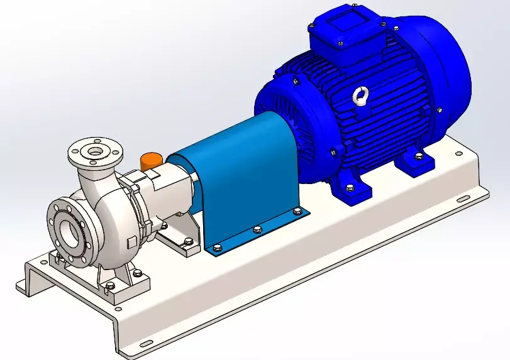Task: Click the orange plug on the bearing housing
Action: click(x=151, y=161)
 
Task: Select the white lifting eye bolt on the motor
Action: click(x=360, y=95)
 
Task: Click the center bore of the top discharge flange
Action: click(x=95, y=151)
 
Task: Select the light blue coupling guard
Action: click(x=239, y=182)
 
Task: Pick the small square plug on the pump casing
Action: click(x=130, y=243)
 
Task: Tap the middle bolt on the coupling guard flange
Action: click(x=257, y=230)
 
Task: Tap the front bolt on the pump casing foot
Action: click(x=111, y=286)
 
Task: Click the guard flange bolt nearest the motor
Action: click(x=297, y=212)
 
